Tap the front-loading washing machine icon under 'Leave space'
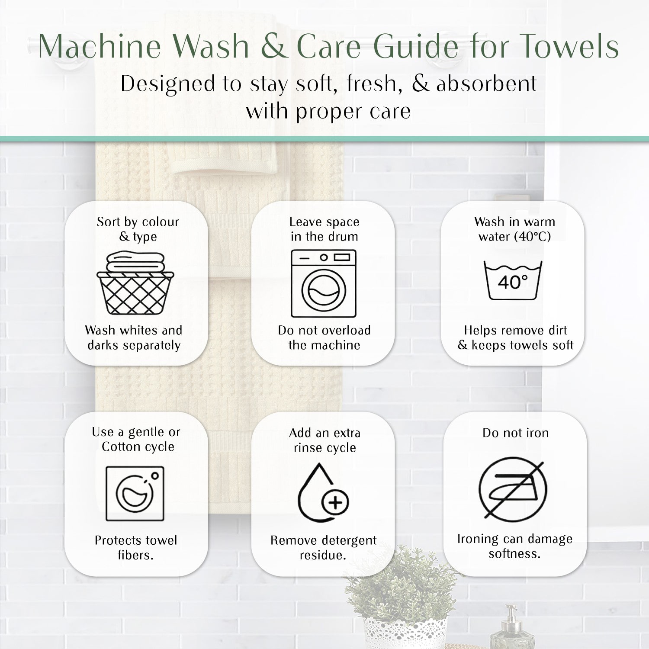tap(324, 283)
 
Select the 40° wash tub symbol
tap(513, 280)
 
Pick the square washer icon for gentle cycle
tap(135, 493)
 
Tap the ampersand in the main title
tap(274, 46)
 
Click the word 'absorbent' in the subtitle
tap(487, 84)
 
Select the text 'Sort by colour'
tap(138, 222)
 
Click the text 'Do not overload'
tap(324, 331)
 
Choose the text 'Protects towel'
tap(136, 540)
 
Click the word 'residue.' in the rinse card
tap(323, 555)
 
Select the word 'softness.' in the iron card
tap(514, 553)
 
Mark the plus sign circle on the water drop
tap(335, 503)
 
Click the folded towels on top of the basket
tap(135, 262)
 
